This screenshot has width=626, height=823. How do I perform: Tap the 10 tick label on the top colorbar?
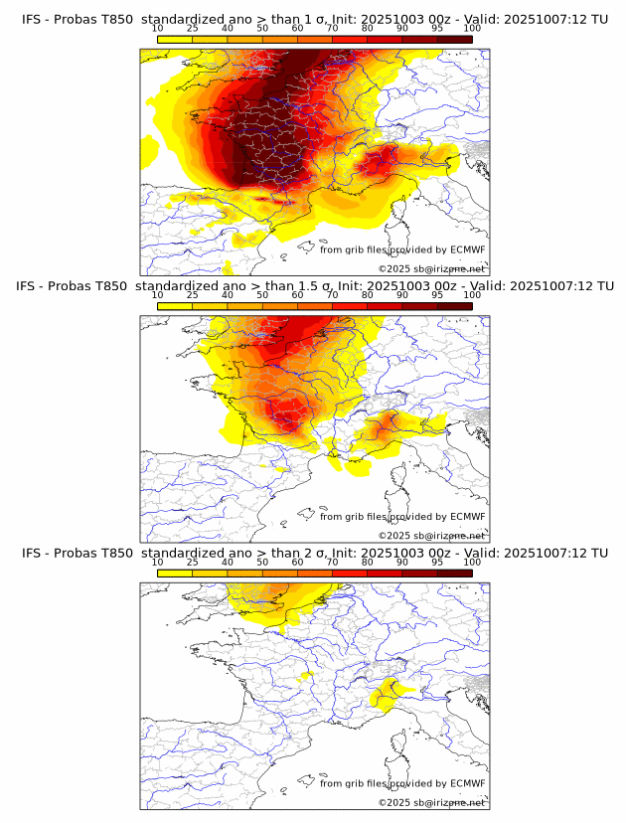[x=157, y=28]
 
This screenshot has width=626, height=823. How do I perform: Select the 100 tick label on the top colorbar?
[x=472, y=28]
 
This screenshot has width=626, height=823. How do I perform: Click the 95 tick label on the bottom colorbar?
[x=437, y=562]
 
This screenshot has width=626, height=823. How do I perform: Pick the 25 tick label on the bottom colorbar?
[x=192, y=562]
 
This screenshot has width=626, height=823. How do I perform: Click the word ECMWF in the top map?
[x=468, y=250]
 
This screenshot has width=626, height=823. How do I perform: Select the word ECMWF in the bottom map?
[x=468, y=783]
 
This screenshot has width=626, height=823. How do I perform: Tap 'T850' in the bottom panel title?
[x=111, y=553]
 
